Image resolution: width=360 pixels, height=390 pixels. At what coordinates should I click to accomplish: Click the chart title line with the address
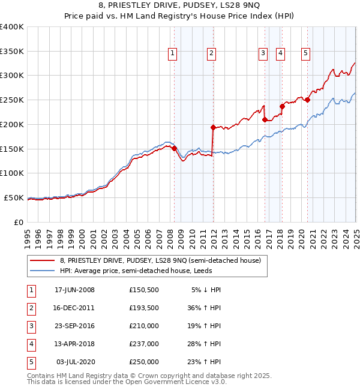[180, 7]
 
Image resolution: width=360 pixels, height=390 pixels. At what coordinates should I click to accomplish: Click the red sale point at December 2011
[213, 127]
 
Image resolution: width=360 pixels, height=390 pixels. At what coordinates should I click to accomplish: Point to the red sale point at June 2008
[175, 148]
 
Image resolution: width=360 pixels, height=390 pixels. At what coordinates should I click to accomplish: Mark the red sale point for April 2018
[282, 106]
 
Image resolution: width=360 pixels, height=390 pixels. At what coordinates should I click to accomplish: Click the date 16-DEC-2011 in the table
[74, 307]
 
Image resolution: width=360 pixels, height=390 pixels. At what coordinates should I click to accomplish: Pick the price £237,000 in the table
[143, 344]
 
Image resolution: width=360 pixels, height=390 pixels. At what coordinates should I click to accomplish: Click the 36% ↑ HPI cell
[204, 307]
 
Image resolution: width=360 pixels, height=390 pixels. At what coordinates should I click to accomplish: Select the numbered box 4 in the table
[30, 344]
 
